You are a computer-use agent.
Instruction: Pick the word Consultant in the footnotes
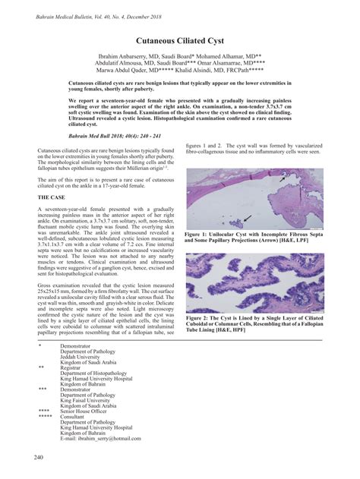(75, 417)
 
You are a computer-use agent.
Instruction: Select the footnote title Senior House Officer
(90, 411)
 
